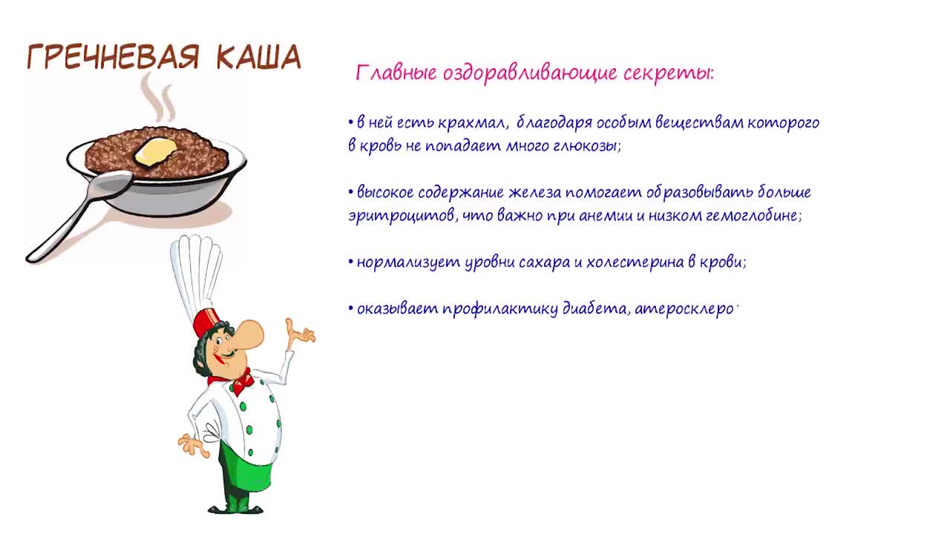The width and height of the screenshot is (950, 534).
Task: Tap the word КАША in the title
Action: point(259,57)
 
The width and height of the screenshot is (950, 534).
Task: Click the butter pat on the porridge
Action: point(156,151)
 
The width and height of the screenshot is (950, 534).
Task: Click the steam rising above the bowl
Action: point(158,97)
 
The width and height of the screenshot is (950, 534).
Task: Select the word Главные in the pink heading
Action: point(396,73)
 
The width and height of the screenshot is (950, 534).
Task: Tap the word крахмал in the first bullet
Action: point(471,123)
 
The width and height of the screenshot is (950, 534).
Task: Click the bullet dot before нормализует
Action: point(351,263)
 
